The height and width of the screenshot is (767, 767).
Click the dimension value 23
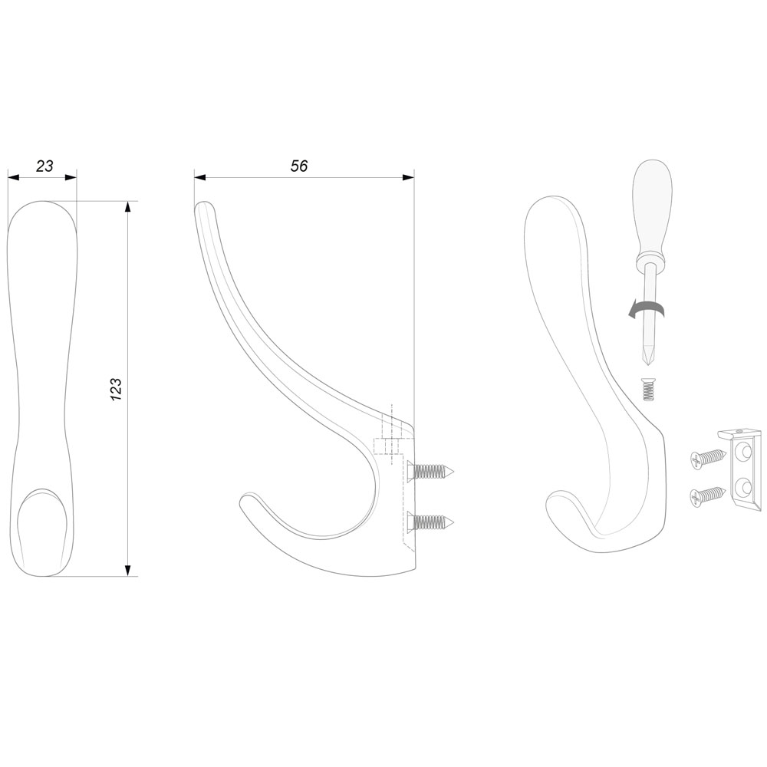point(44,166)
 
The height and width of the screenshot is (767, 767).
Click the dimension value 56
point(299,166)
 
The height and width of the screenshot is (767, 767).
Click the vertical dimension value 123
point(116,390)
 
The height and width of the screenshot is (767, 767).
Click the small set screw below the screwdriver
point(648,389)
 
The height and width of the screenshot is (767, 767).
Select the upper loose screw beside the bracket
point(708,457)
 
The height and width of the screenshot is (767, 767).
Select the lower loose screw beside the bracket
point(708,495)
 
